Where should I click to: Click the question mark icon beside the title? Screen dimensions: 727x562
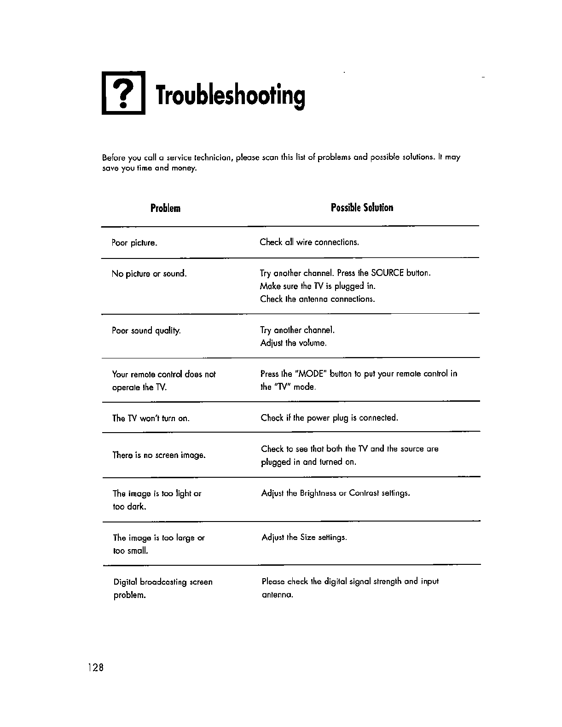tap(123, 94)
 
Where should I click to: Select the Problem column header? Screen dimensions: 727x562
tap(165, 208)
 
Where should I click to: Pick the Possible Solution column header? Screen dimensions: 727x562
tap(362, 207)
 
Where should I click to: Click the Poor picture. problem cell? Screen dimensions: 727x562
tap(134, 243)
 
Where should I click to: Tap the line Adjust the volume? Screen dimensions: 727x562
tap(293, 343)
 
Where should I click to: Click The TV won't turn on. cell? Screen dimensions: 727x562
tap(151, 418)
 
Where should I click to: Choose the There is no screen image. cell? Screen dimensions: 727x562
tap(159, 455)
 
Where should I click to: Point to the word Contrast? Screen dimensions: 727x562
tap(364, 493)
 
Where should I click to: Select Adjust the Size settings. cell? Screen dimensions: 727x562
tap(304, 538)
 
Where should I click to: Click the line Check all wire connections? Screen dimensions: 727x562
tap(309, 242)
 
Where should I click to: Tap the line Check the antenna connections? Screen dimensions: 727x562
tap(318, 299)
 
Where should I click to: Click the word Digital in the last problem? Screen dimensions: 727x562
tap(125, 582)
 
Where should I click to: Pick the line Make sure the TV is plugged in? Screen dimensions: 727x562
tap(318, 286)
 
